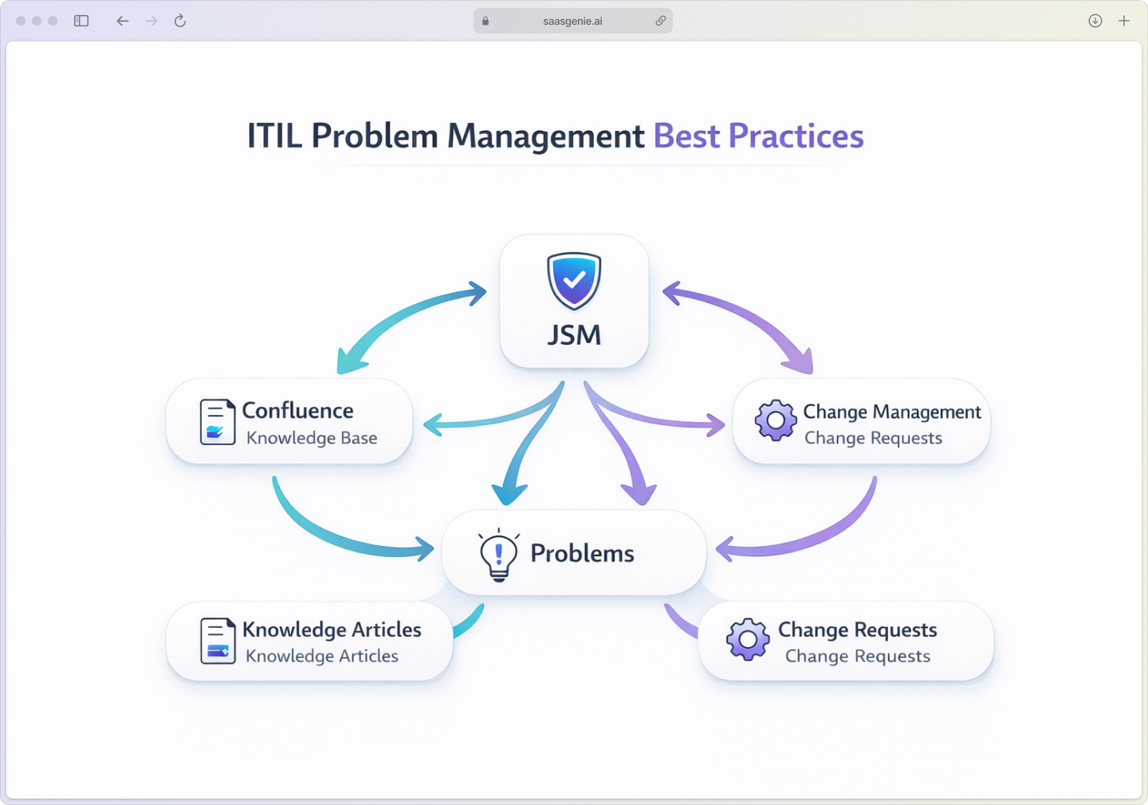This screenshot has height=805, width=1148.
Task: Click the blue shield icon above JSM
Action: pos(574,281)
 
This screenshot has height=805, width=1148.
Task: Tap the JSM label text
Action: pos(574,335)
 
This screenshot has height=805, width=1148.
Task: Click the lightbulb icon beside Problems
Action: pos(499,554)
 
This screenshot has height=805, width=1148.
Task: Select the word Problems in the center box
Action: pos(582,554)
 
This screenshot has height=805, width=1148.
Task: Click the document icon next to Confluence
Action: pos(217,421)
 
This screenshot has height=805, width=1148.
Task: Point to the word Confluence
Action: pos(297,411)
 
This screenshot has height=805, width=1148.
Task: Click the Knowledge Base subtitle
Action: pos(312,438)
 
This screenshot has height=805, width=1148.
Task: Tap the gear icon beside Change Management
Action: pos(776,420)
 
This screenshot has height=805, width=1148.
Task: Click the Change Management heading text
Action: pos(892,412)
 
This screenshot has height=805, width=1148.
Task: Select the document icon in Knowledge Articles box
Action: pos(218,641)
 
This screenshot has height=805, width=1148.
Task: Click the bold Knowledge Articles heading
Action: pos(332,630)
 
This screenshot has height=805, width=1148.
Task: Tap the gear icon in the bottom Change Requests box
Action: pos(748,639)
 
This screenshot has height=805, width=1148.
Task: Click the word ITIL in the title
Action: pos(274,136)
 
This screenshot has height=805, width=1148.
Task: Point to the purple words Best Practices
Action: pos(758,136)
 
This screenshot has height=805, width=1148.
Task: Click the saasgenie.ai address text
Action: pos(572,22)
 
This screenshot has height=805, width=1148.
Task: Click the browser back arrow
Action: pos(122,21)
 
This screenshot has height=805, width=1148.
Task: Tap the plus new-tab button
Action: pos(1124,21)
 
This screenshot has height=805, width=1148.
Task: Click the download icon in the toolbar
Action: pos(1095,21)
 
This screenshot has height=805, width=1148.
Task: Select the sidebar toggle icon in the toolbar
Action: pos(81,21)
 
